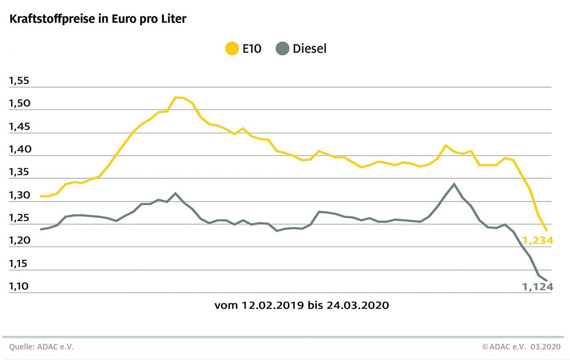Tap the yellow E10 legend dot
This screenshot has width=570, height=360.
tap(232, 49)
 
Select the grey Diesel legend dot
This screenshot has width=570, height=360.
tap(282, 49)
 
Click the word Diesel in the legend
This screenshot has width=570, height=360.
tap(309, 49)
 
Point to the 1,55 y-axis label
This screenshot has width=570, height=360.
tap(18, 81)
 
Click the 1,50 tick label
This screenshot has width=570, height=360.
tap(18, 104)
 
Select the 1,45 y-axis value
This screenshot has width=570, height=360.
tap(18, 127)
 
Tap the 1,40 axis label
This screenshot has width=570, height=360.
tap(18, 150)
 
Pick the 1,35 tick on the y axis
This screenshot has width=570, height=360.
tap(18, 172)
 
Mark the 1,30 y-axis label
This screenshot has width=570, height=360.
tap(18, 196)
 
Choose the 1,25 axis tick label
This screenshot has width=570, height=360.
tap(18, 218)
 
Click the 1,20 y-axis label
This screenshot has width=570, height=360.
tap(18, 241)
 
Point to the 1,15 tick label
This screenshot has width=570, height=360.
tap(18, 264)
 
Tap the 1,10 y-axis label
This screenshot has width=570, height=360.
tap(18, 286)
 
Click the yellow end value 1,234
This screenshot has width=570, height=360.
tap(537, 241)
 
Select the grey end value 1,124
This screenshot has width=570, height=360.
tap(537, 287)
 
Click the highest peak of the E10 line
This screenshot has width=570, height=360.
tap(176, 97)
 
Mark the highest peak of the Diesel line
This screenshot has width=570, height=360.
tap(454, 184)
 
